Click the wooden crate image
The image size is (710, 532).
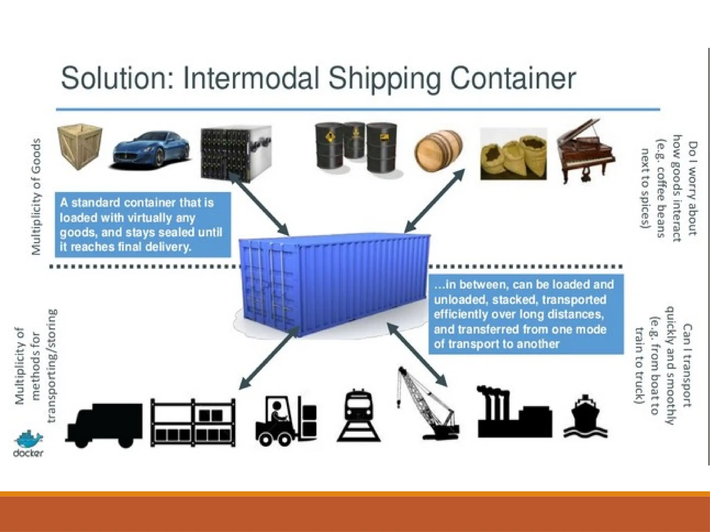click(80, 147)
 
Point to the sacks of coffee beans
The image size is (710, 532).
click(513, 154)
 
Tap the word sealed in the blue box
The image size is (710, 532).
click(177, 232)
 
